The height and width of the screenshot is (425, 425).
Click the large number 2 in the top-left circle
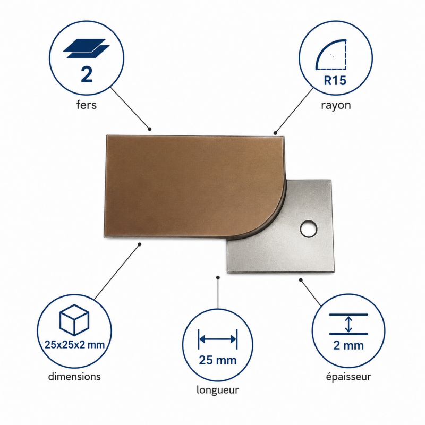(x=87, y=74)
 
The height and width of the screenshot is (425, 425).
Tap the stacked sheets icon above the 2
(x=86, y=48)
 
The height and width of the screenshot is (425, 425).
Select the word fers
(x=87, y=105)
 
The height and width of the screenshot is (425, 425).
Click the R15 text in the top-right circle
(x=335, y=80)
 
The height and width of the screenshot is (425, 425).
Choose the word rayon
(x=336, y=105)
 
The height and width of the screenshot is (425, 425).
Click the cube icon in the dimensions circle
(x=74, y=320)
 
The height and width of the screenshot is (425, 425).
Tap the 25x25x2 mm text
(x=74, y=345)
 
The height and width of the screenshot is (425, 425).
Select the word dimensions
(x=74, y=377)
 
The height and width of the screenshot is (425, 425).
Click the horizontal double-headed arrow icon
(x=218, y=339)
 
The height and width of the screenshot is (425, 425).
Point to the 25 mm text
(x=218, y=360)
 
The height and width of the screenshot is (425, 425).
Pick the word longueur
(x=218, y=390)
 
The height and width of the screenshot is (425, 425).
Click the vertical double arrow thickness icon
(x=348, y=324)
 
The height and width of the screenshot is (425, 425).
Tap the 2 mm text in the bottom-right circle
(x=348, y=345)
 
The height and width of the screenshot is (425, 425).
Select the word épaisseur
(x=348, y=377)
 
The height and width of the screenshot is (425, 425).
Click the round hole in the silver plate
(x=309, y=229)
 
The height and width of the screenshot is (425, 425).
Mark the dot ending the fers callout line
(x=150, y=129)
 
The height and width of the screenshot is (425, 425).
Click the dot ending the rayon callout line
(x=275, y=133)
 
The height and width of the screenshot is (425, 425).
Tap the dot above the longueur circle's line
(x=218, y=277)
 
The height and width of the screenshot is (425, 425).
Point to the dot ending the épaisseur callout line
(x=301, y=280)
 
